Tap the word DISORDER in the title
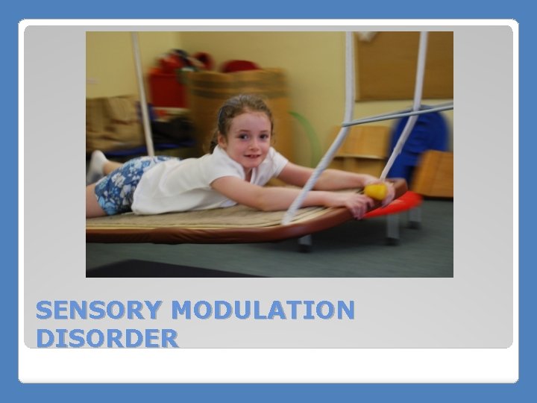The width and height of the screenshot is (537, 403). point(107,338)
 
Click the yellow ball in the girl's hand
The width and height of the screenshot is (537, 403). point(376,192)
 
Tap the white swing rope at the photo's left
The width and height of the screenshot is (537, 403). point(142,90)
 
